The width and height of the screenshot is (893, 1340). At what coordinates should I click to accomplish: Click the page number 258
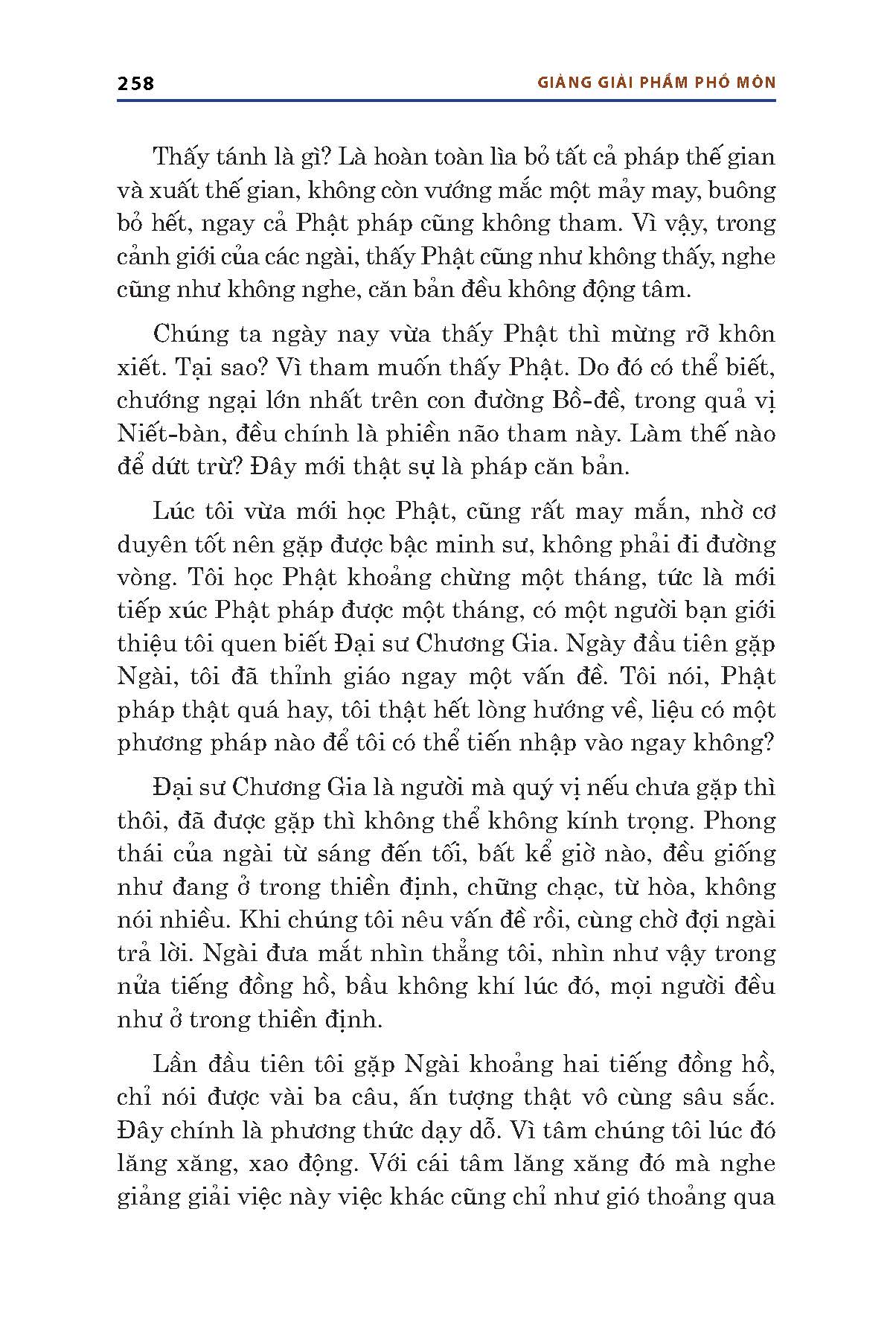[135, 83]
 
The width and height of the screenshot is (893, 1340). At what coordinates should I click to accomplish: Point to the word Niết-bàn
[161, 433]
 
